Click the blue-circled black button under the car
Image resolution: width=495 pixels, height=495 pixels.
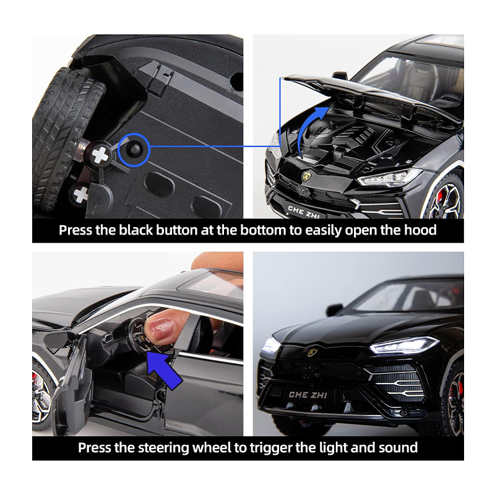pos(132,149)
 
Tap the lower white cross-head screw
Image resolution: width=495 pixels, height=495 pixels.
pos(80,194)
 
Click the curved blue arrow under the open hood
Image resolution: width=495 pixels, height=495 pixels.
pos(312,129)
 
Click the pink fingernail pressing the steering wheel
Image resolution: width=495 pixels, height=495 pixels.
pos(160,329)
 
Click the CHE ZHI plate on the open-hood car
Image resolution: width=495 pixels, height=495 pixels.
pos(303,211)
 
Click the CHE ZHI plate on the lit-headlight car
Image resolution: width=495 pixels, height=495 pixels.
pos(308,395)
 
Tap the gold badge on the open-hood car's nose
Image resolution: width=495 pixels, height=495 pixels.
pos(306,176)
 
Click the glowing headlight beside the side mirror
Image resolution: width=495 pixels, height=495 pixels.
pos(405,345)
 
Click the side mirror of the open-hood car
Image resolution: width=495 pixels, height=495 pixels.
pos(340,75)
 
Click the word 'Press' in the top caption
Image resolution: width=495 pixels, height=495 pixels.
pos(75,230)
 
